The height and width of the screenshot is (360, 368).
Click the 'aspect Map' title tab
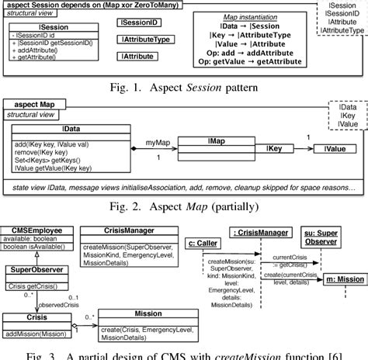35,105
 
